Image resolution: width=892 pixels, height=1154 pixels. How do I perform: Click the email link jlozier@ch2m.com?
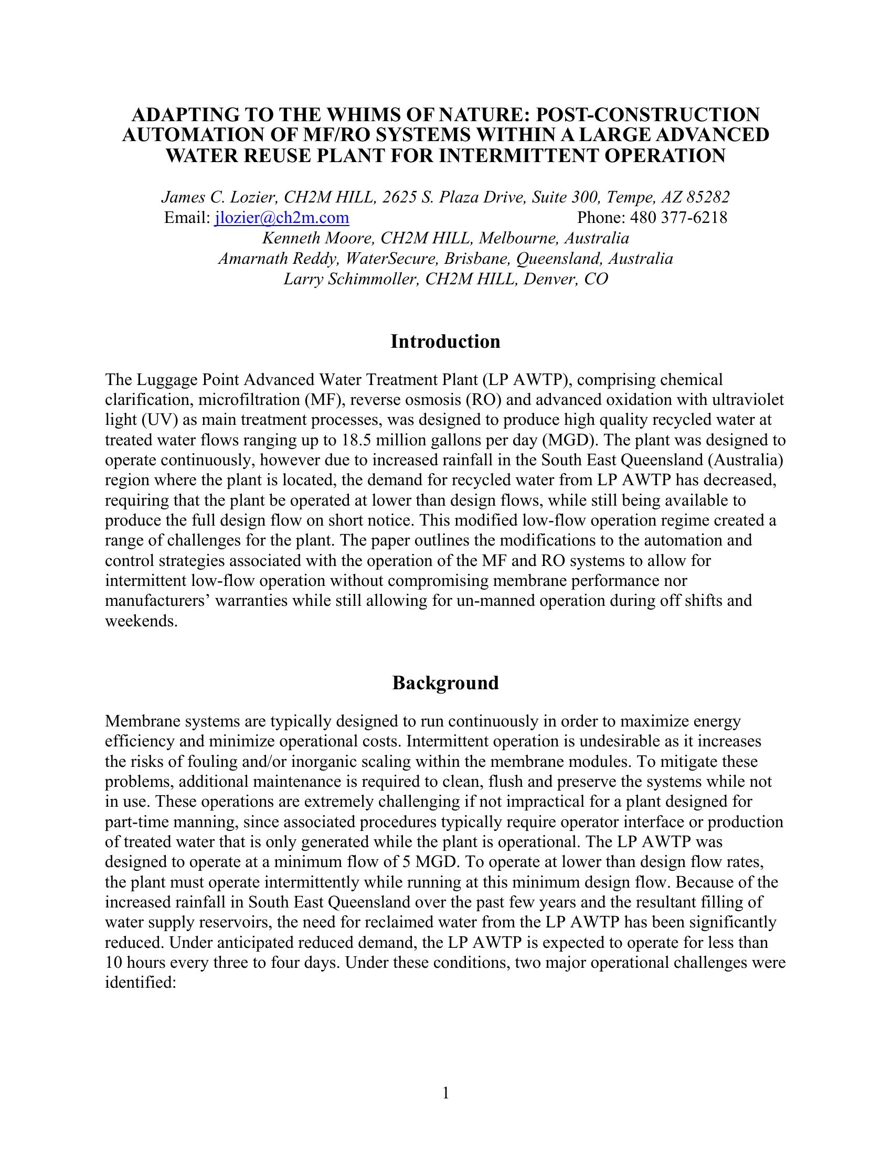tap(281, 218)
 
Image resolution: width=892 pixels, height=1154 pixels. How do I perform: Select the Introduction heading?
tap(445, 342)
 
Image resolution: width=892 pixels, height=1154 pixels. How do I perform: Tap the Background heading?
tap(445, 683)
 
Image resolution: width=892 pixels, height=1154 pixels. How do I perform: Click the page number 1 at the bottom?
tap(445, 1093)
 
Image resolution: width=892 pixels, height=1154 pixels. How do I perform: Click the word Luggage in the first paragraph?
tap(167, 380)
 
